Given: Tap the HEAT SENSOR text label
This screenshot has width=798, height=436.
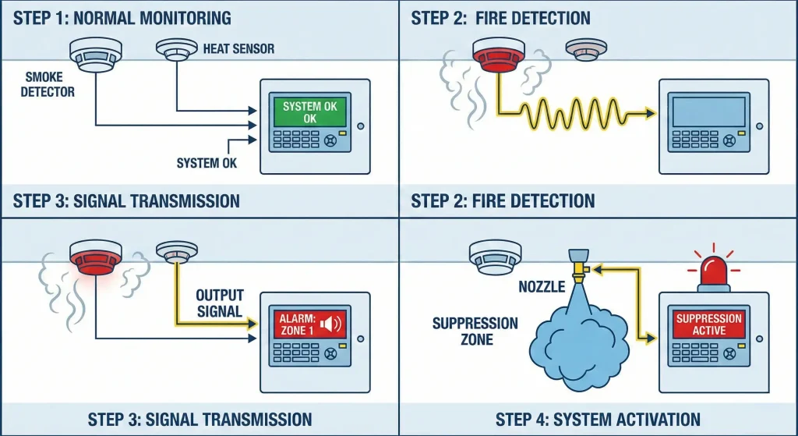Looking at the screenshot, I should point(238,49).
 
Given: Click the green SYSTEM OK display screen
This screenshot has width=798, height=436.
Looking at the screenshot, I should point(310,112).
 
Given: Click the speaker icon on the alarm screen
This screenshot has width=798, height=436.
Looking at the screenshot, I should point(331,323).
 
